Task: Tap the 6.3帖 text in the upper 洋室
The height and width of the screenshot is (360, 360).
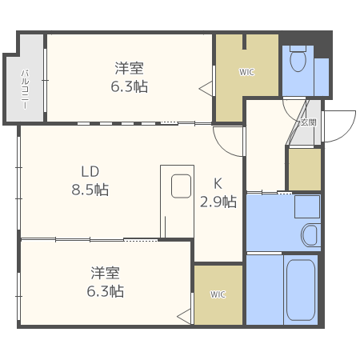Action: pyautogui.click(x=130, y=86)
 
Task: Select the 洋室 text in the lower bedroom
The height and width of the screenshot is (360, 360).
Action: pyautogui.click(x=106, y=273)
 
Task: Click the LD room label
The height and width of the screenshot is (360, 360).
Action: pyautogui.click(x=90, y=171)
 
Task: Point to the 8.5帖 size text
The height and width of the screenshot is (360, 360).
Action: pyautogui.click(x=90, y=190)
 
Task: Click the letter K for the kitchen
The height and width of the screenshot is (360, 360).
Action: pyautogui.click(x=218, y=182)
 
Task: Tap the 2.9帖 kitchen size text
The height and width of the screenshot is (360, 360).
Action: pyautogui.click(x=218, y=202)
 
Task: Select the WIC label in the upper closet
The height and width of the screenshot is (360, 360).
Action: pyautogui.click(x=246, y=72)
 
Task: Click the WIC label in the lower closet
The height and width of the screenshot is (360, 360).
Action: pyautogui.click(x=218, y=294)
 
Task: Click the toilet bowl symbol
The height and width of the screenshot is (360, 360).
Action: pyautogui.click(x=298, y=61)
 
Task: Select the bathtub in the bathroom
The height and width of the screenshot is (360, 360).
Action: pyautogui.click(x=300, y=290)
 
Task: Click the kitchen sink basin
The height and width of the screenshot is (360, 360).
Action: pyautogui.click(x=182, y=186)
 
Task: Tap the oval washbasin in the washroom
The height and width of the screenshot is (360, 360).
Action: pyautogui.click(x=310, y=235)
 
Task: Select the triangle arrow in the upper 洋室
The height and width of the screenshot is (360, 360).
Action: pyautogui.click(x=206, y=86)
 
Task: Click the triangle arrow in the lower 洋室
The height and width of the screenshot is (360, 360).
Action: pyautogui.click(x=185, y=316)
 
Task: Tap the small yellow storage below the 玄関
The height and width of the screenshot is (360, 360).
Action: pyautogui.click(x=304, y=169)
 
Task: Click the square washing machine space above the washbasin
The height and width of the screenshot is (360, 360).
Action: pyautogui.click(x=306, y=208)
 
